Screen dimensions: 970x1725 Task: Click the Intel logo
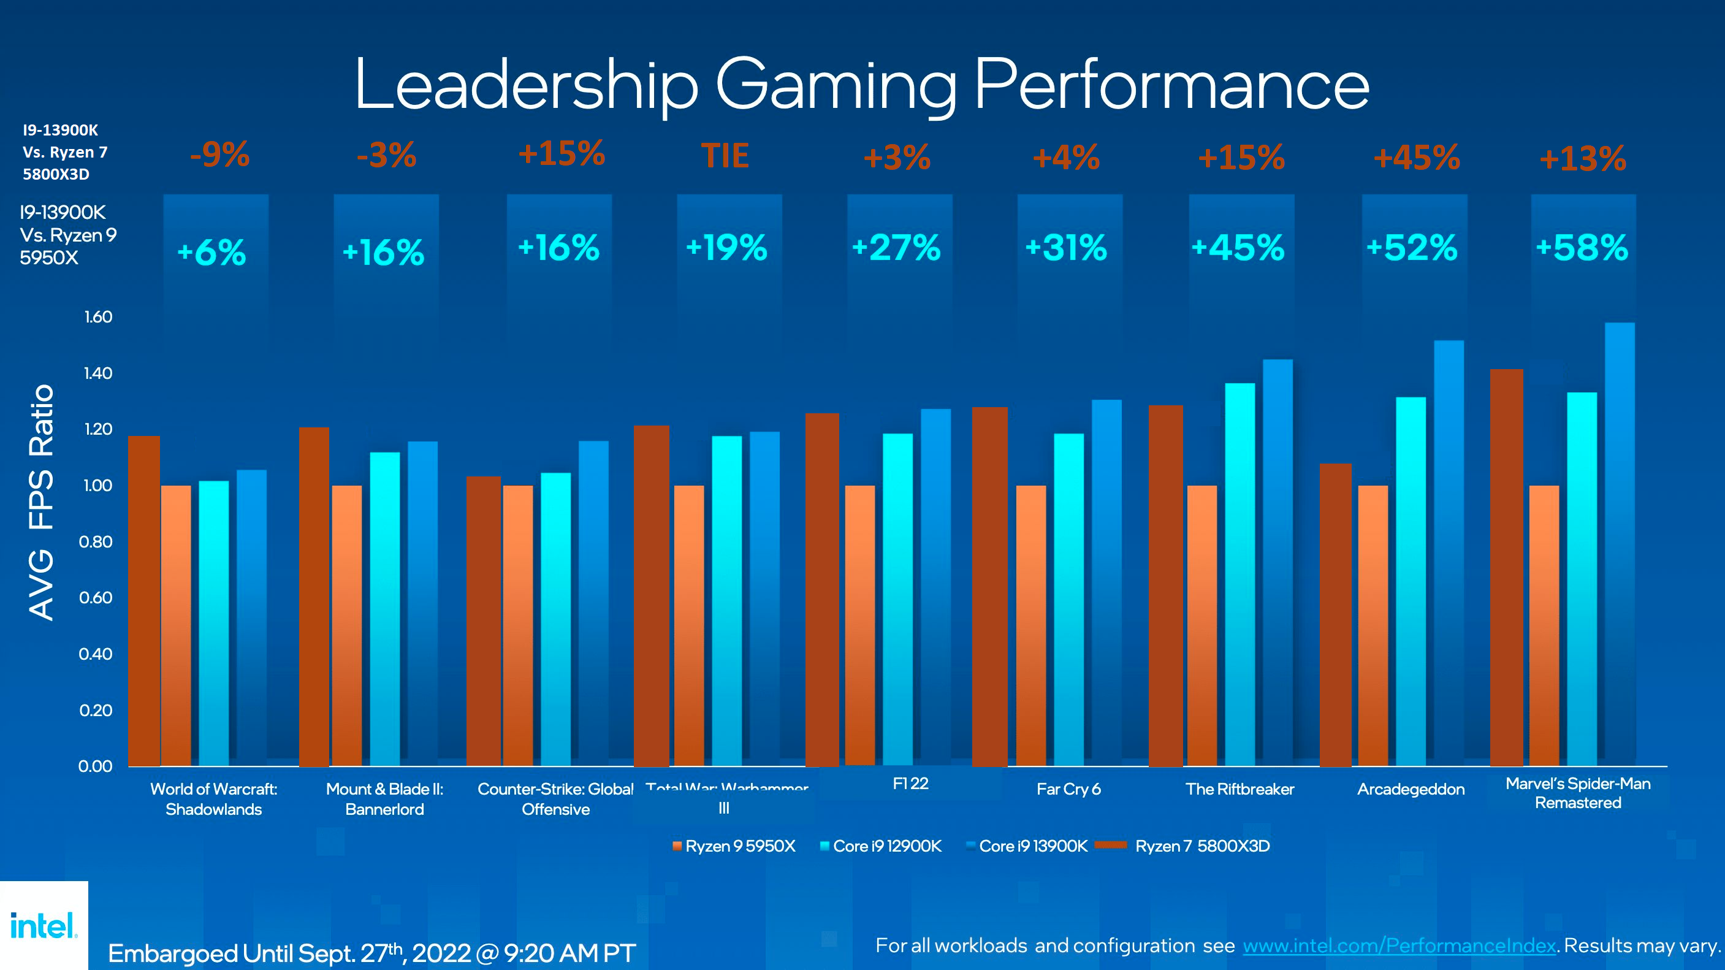[44, 926]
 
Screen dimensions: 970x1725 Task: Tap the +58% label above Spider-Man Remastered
[1582, 248]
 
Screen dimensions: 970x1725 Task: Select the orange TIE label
[725, 156]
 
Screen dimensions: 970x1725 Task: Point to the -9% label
[219, 155]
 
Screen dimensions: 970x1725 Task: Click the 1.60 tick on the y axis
[97, 317]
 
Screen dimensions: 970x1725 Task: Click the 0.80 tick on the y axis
[96, 541]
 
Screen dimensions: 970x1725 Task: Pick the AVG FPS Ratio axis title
[42, 502]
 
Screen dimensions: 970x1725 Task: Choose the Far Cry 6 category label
[1068, 789]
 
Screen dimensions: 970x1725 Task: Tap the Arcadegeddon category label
[1411, 789]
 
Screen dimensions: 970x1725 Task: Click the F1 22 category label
[910, 783]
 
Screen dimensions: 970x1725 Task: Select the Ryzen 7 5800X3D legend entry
[1186, 846]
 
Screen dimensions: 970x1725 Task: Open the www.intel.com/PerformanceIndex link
[1399, 945]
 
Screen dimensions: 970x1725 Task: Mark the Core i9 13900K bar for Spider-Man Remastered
[1619, 543]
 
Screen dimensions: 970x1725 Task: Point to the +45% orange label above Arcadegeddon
[1416, 158]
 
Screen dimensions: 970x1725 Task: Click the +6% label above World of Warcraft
[211, 253]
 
